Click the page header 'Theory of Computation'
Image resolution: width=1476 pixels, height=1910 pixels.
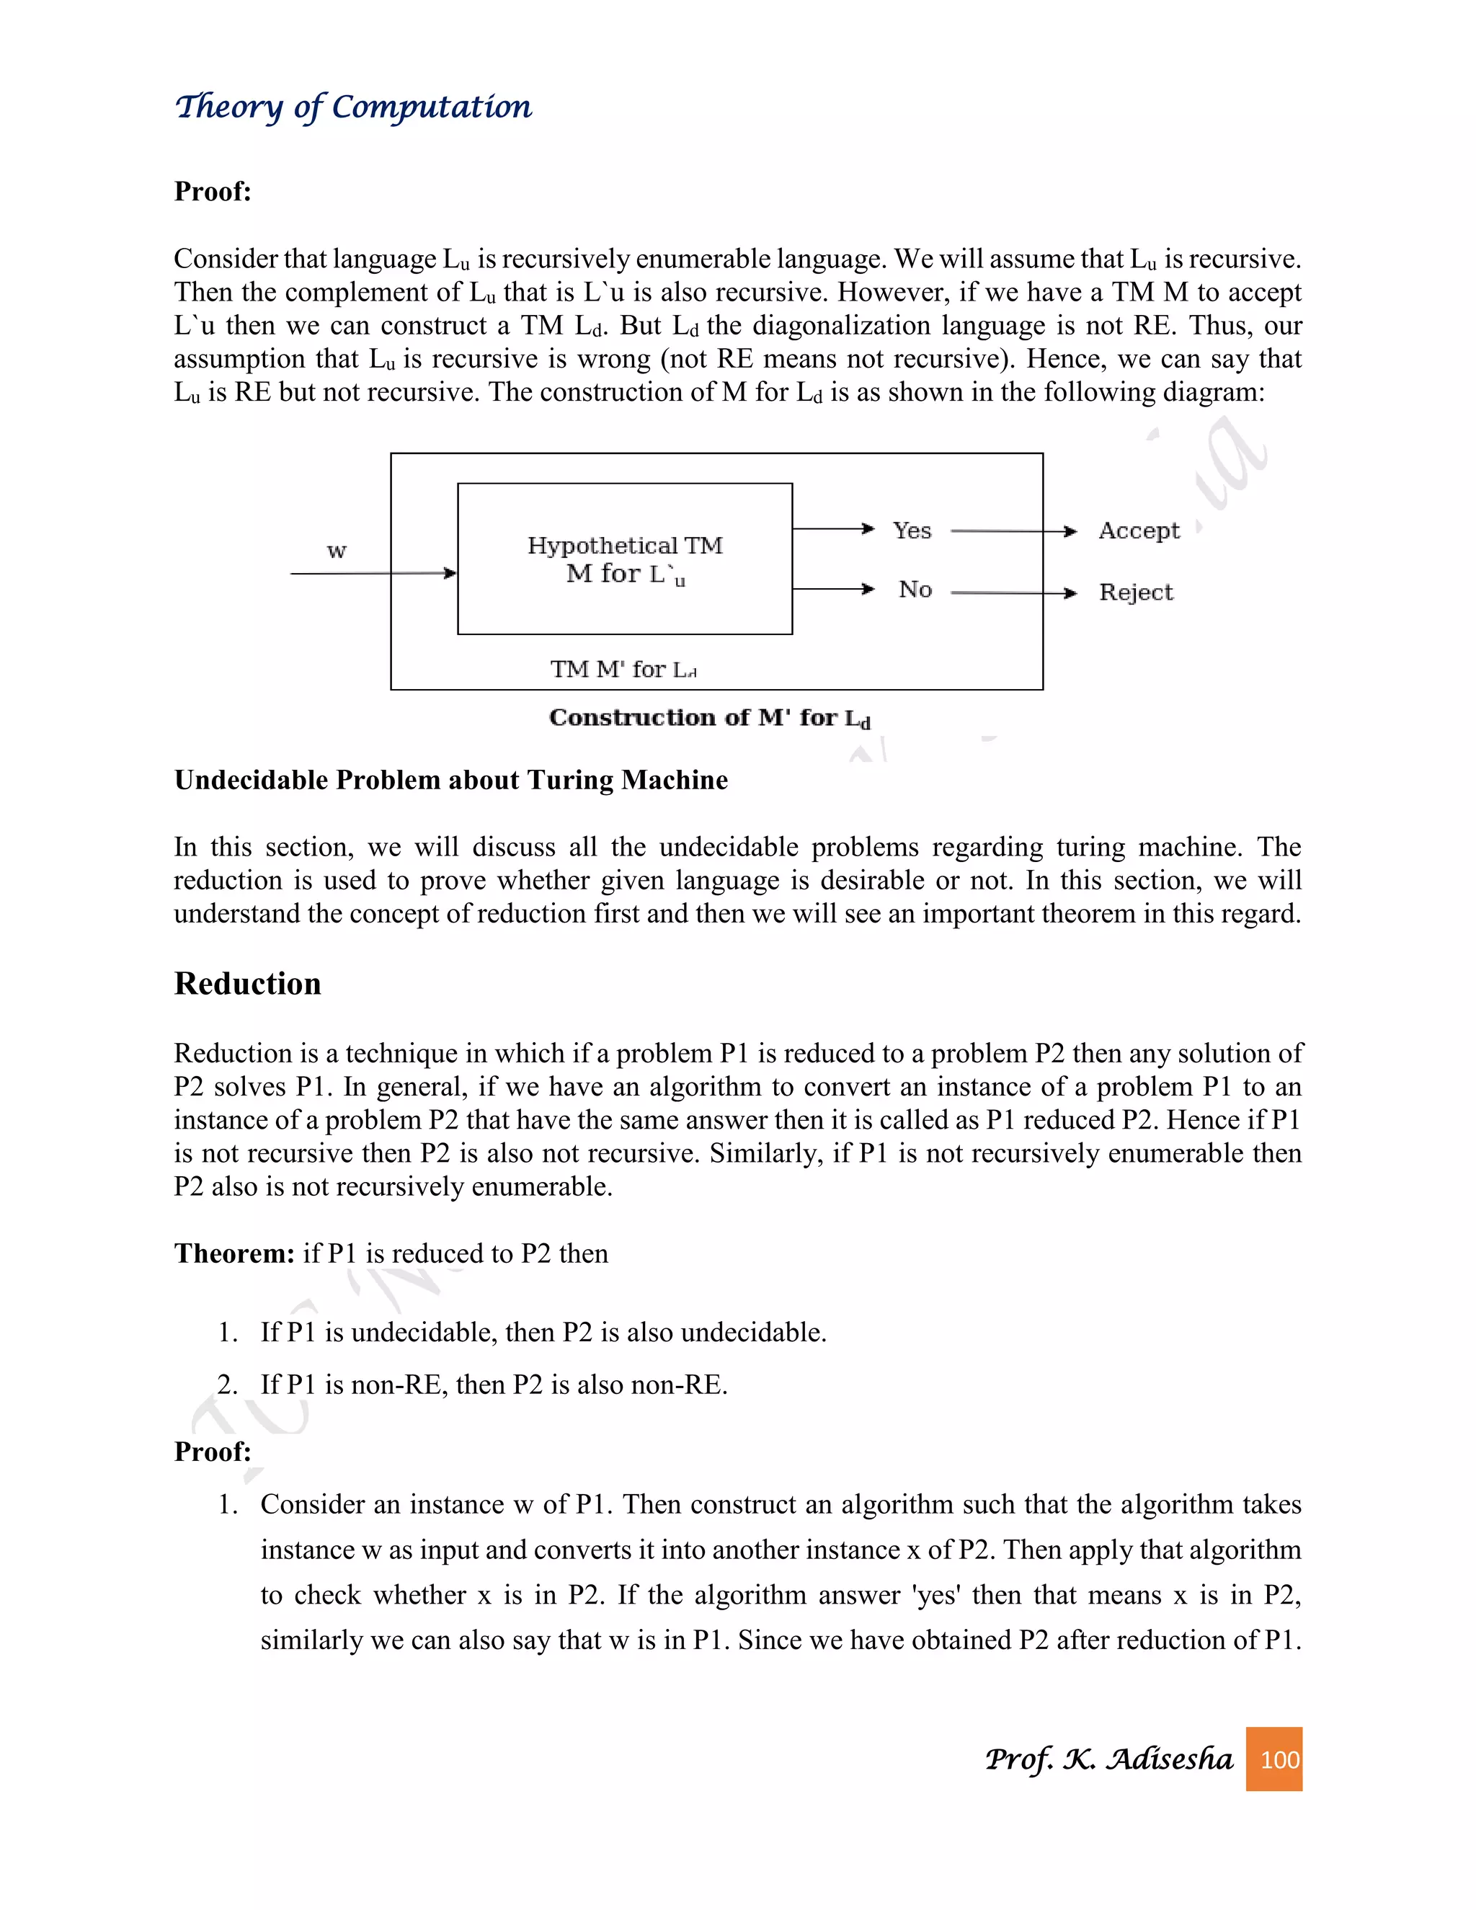click(x=352, y=107)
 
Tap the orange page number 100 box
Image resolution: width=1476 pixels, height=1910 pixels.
click(x=1273, y=1759)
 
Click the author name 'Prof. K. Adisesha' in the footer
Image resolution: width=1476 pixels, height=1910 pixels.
click(x=1108, y=1759)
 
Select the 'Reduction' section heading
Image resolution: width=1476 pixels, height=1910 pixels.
click(x=247, y=984)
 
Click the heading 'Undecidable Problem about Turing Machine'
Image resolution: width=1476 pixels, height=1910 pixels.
click(x=450, y=780)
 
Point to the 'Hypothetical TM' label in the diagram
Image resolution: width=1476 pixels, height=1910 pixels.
click(x=624, y=546)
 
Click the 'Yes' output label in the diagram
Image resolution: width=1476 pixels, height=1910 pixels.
click(x=912, y=531)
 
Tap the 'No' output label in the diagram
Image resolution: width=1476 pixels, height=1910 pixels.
click(x=915, y=590)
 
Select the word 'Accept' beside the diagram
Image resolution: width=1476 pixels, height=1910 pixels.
click(x=1139, y=531)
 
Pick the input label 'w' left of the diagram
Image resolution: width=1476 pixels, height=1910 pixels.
click(x=337, y=551)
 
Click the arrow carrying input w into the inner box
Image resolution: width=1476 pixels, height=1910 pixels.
click(x=373, y=574)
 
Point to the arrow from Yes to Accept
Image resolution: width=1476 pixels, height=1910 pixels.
click(x=1013, y=531)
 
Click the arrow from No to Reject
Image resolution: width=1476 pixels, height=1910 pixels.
click(x=1013, y=593)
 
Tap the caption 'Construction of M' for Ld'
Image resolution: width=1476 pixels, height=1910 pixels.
click(x=709, y=718)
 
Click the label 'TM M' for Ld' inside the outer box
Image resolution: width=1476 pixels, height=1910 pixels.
click(x=623, y=670)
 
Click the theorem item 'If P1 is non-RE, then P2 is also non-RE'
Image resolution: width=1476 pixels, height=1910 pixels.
click(x=493, y=1385)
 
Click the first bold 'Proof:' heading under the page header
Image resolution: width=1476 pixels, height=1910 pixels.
click(x=213, y=192)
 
